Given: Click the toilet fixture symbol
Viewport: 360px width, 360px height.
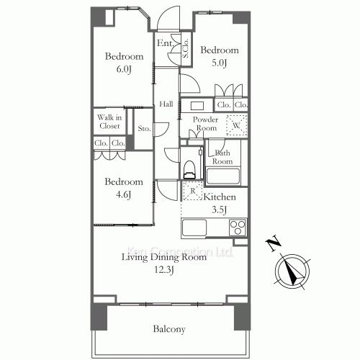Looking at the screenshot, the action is pos(189,170).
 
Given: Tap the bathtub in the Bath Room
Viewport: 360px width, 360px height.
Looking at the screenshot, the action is pos(223,176).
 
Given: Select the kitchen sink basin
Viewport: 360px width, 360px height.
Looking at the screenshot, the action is pos(194,228).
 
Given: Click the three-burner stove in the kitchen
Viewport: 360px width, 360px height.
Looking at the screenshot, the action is pos(238,228).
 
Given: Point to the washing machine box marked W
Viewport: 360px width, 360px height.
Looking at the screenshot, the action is pos(236,125).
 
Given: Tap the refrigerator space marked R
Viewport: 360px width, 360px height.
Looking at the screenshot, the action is pos(192,191).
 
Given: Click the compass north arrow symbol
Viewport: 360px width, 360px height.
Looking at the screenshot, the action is pos(292,271).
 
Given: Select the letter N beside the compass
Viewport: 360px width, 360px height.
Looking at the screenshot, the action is pos(273,244).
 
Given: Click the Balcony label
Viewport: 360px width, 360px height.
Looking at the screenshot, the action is pos(169,329).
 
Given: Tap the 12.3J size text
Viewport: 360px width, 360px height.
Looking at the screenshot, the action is pos(163,270).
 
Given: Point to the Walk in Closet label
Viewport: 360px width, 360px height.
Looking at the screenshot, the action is pos(109,122).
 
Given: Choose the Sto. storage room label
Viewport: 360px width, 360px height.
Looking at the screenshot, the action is pos(144,129).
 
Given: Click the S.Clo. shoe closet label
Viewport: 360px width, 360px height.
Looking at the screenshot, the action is pos(186,48).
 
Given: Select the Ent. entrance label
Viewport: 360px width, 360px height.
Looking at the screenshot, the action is pos(165,43).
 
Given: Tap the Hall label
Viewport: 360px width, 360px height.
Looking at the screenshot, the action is pos(166,104).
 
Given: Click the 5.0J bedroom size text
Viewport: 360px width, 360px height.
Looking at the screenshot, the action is pos(219,63).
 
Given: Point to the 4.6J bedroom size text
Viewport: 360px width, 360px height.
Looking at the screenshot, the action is pos(123,194).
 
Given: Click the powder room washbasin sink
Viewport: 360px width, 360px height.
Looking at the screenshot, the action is pos(197,106).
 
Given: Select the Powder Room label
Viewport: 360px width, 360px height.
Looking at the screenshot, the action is pos(206,124).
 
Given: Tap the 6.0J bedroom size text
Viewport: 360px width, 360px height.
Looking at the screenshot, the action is pos(124,69).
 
